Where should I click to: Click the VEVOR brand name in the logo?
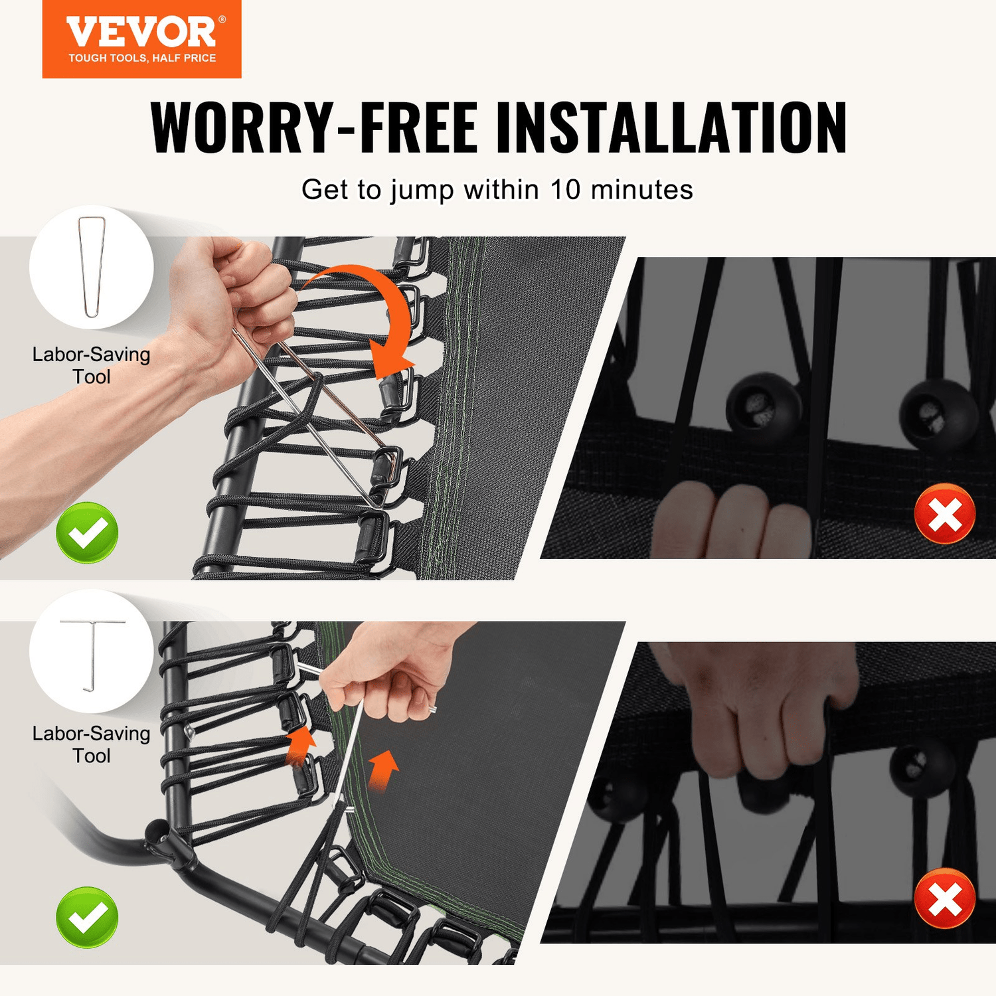click(141, 32)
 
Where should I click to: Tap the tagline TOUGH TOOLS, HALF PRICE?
click(142, 58)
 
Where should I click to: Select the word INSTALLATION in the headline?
click(671, 128)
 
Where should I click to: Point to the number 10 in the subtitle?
click(565, 190)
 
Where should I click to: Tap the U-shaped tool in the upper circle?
click(91, 266)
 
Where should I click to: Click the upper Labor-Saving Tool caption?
click(92, 365)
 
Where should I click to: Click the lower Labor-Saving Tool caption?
click(92, 744)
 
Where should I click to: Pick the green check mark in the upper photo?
click(87, 533)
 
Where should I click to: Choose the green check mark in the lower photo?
click(87, 917)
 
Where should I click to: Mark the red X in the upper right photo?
click(944, 514)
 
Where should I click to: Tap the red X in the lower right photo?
click(944, 899)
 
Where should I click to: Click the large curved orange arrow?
click(372, 312)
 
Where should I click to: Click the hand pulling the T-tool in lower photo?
click(392, 677)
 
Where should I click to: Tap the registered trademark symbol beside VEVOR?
click(222, 20)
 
